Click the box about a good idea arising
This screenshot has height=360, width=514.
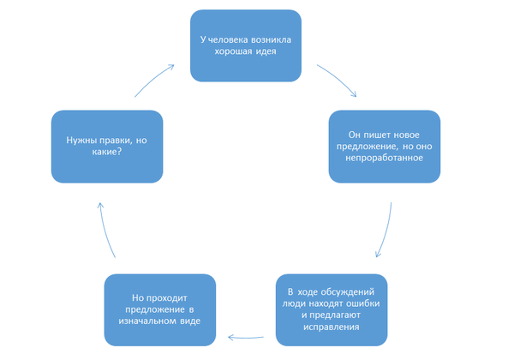[245, 45]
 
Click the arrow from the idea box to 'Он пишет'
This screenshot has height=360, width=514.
[338, 79]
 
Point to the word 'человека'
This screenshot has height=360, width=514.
[229, 39]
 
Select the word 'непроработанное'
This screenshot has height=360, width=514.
[385, 156]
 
